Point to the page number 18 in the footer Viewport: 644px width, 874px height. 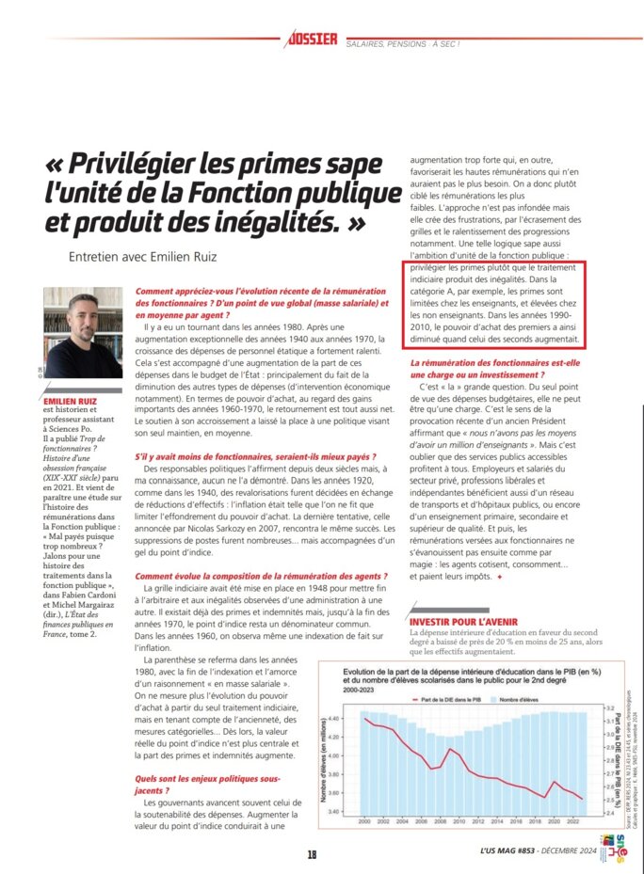point(311,854)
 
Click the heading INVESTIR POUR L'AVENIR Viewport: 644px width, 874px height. point(463,622)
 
